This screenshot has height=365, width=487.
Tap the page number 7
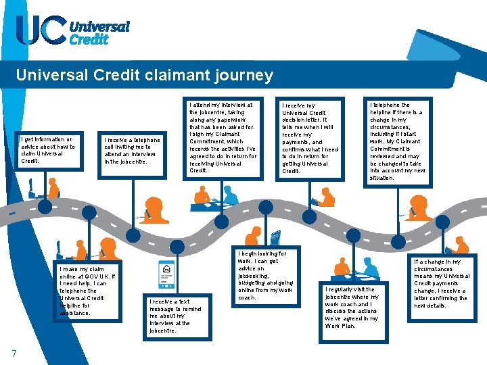tap(14, 352)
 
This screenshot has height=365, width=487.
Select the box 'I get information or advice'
tap(48, 150)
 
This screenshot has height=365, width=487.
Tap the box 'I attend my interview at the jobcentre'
tap(223, 139)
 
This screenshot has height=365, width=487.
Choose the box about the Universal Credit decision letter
tap(310, 139)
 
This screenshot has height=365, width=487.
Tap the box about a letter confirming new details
tap(440, 284)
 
